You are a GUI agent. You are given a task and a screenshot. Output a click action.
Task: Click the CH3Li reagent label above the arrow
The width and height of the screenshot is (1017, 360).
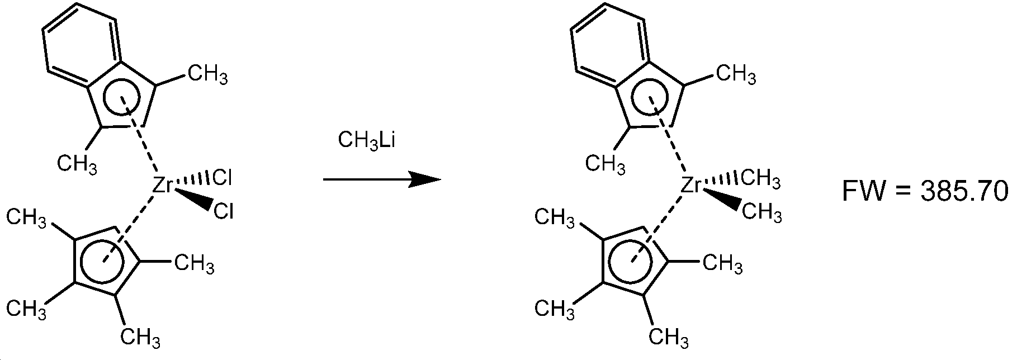(367, 140)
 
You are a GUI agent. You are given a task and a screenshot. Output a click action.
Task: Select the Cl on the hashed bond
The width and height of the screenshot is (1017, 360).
(222, 178)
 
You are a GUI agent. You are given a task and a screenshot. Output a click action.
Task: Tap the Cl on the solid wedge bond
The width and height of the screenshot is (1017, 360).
(223, 212)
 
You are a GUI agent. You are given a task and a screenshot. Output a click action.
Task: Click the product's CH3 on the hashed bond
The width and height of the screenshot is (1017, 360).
(760, 179)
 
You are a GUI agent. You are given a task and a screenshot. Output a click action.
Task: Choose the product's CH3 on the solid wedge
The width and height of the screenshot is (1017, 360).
(761, 212)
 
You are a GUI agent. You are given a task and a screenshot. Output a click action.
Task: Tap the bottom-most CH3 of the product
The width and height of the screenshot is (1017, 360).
(669, 337)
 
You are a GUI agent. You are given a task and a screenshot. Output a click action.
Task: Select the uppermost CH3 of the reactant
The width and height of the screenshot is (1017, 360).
(207, 74)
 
